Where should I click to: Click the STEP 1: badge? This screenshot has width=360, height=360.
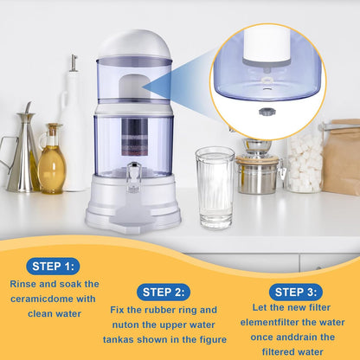coord(54,266)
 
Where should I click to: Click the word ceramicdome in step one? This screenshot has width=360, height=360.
coord(42,299)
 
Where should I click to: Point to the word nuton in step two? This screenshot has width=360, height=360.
coord(127,325)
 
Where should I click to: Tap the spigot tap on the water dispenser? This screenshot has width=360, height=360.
coord(134,180)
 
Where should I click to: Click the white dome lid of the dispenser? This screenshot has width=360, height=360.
coord(133,44)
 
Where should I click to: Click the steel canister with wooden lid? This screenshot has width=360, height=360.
coord(257,173)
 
